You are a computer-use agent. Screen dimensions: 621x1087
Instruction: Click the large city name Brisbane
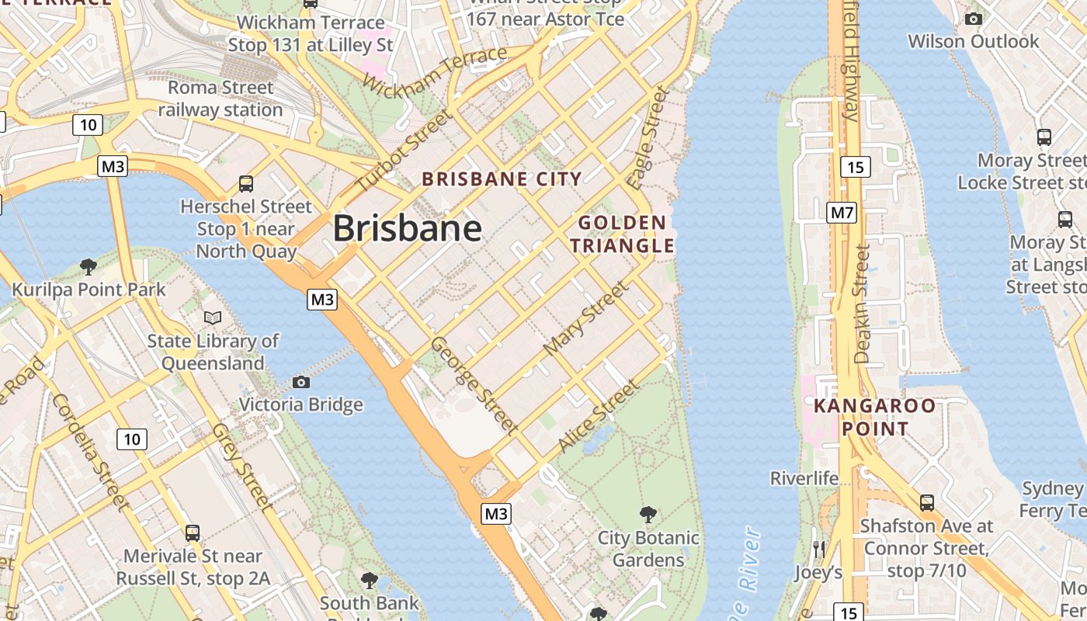408,229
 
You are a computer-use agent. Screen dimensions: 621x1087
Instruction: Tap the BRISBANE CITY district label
502,179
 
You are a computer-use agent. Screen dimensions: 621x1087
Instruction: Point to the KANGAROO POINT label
874,418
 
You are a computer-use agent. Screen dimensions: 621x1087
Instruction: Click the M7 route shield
842,212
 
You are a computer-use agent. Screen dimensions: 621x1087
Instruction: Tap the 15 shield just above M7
855,167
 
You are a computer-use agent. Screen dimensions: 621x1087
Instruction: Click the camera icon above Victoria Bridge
301,382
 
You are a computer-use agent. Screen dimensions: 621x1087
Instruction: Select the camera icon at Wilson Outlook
973,19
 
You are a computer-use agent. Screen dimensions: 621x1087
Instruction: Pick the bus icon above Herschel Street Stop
246,184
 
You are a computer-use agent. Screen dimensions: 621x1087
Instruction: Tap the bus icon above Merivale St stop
193,533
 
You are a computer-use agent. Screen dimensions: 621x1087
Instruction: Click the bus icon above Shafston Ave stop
926,503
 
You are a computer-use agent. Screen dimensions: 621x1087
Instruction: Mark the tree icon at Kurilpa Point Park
89,267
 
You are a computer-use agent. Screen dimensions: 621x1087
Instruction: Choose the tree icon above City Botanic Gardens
648,515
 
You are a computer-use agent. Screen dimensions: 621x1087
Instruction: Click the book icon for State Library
213,317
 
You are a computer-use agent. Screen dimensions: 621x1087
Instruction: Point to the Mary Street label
586,318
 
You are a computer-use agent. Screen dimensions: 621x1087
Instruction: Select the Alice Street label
599,415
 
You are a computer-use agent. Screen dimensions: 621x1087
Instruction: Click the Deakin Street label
862,304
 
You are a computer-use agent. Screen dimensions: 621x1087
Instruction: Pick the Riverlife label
804,478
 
